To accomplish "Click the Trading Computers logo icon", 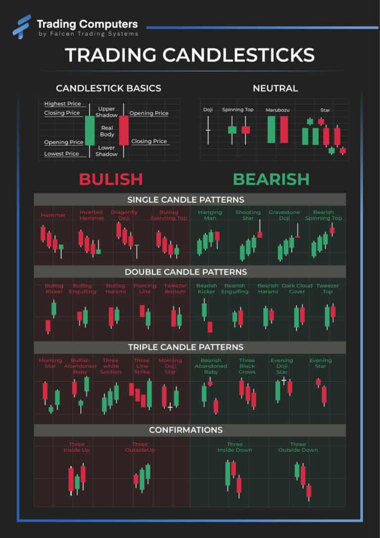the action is click(x=22, y=26).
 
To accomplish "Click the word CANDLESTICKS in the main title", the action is click(x=238, y=55).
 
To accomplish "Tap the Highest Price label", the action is click(x=63, y=104).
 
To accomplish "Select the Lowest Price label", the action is click(x=62, y=154).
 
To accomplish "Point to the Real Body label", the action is click(x=107, y=131).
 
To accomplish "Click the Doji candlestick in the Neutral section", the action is click(x=208, y=130).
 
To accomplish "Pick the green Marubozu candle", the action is click(x=271, y=129).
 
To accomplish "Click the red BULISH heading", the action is click(x=111, y=179).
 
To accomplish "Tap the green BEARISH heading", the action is click(x=271, y=179).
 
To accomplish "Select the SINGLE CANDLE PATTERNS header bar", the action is click(x=190, y=199).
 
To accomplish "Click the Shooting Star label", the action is click(x=248, y=215).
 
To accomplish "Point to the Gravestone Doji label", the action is click(x=285, y=215).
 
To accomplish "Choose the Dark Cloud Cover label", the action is click(x=297, y=288).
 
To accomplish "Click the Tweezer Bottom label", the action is click(x=175, y=288).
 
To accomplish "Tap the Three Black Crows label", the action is click(x=247, y=366).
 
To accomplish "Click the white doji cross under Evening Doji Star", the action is click(x=284, y=381).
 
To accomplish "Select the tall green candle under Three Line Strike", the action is click(x=149, y=393).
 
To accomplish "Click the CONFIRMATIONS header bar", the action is click(x=190, y=430).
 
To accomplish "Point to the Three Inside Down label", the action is click(x=235, y=447).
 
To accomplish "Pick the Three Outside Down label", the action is click(x=298, y=447).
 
